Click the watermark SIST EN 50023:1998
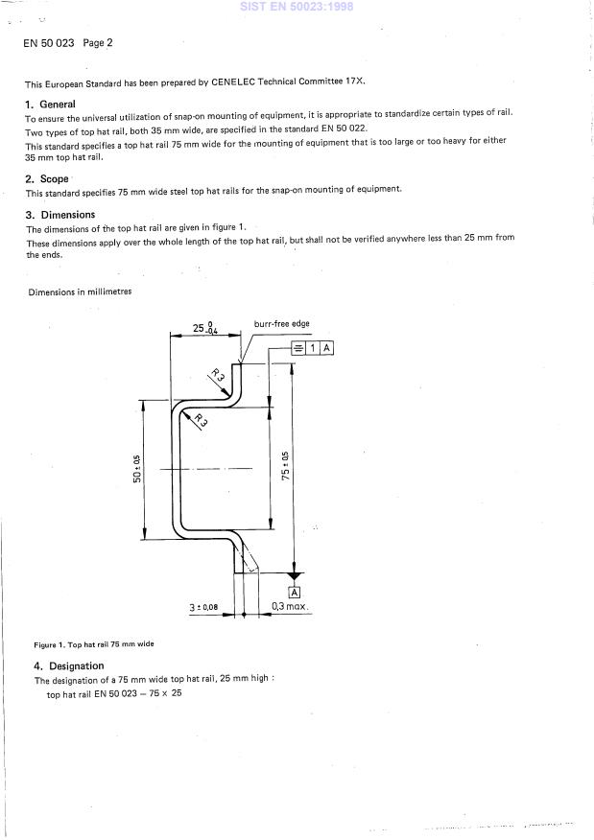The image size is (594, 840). click(297, 7)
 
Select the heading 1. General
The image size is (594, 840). click(50, 104)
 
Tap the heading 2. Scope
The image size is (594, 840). click(47, 179)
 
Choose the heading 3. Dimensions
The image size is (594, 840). click(60, 216)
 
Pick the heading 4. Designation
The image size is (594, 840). click(69, 665)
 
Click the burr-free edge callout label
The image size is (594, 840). click(281, 324)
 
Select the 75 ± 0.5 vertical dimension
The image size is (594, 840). click(285, 465)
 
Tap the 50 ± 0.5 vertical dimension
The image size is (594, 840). click(138, 469)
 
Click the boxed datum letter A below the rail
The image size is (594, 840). click(294, 592)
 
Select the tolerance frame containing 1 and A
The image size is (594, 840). click(312, 347)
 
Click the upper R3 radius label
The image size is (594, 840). click(221, 380)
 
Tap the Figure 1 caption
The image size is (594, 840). click(93, 644)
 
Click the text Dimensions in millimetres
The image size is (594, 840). click(80, 292)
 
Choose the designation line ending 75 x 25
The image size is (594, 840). click(113, 694)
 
